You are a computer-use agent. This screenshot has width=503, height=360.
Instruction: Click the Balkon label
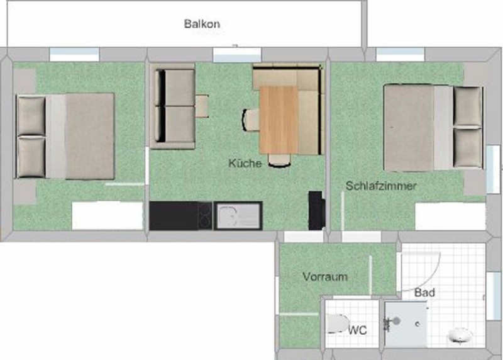(202, 24)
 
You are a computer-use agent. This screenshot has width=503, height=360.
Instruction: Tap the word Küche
(245, 163)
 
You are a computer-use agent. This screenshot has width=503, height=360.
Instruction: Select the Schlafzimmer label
(381, 186)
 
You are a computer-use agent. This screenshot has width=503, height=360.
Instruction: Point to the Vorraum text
(325, 276)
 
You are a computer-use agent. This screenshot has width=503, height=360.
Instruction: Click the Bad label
(425, 293)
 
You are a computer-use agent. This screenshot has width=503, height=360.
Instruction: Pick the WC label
(358, 330)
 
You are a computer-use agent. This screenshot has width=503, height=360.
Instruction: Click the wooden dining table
(279, 120)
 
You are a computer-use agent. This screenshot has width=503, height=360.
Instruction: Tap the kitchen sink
(239, 215)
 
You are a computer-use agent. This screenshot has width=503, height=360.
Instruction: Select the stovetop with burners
(205, 215)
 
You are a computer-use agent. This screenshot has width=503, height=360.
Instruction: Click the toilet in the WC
(337, 323)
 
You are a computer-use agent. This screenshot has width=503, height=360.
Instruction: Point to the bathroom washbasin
(460, 335)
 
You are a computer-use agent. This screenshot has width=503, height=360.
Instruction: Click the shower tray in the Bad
(406, 324)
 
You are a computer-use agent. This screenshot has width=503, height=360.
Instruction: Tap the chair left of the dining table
(250, 120)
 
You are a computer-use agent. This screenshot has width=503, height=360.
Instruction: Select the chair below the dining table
(279, 160)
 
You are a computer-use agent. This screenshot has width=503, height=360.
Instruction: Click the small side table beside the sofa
(202, 106)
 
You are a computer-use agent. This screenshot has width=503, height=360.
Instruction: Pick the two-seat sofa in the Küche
(172, 106)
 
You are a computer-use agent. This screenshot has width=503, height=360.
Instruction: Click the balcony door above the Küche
(237, 55)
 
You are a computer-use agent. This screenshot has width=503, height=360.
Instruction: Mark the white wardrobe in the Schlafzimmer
(450, 216)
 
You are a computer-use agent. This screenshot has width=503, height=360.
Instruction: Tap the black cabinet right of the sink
(317, 211)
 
